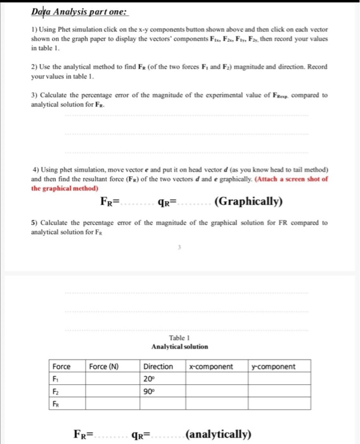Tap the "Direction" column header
click(158, 367)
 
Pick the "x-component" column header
click(211, 367)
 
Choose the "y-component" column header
click(273, 367)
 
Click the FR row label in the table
click(57, 403)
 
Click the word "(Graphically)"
click(248, 202)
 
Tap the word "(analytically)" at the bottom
click(219, 434)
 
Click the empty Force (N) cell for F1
click(113, 379)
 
